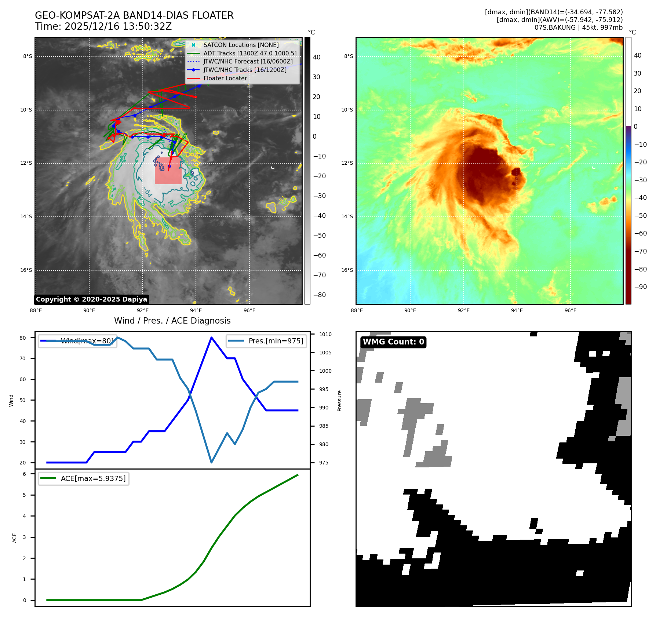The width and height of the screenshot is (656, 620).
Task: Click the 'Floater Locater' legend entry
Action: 225,78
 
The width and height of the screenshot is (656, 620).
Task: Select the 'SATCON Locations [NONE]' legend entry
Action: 241,45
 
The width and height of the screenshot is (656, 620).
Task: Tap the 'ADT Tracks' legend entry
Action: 250,53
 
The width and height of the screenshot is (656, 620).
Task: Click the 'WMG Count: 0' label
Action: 393,342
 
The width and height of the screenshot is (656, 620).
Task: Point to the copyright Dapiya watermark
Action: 91,299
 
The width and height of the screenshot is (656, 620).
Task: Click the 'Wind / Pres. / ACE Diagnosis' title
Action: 172,321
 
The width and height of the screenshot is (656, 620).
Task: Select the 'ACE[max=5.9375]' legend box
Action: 84,478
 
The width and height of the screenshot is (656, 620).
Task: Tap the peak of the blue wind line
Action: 211,337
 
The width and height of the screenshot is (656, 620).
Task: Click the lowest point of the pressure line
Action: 211,462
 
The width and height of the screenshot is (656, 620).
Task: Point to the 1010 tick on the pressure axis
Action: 325,334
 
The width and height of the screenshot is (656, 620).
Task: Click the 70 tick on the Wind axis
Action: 23,358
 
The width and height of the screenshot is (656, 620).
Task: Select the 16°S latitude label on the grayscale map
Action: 26,270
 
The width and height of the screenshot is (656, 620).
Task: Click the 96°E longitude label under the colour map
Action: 570,310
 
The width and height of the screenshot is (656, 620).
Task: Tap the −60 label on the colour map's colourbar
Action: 640,233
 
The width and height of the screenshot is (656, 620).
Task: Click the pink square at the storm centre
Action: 168,171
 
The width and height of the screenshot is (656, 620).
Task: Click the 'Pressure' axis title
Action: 339,401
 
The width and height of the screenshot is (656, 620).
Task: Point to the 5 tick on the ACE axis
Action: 25,495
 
